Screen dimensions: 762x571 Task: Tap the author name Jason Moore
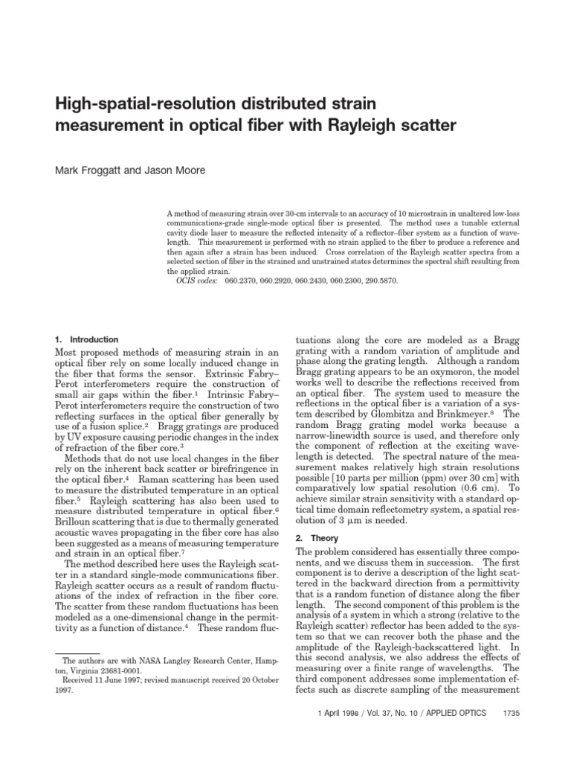(x=178, y=170)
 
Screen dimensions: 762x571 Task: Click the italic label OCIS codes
(x=199, y=282)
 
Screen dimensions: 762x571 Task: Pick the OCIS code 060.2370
(x=241, y=282)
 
